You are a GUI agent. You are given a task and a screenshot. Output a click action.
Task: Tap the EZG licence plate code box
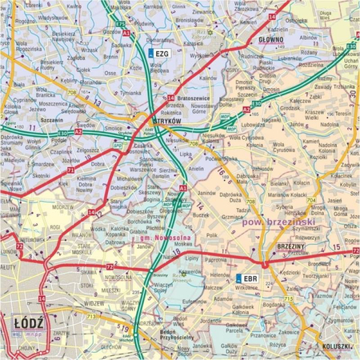(158, 53)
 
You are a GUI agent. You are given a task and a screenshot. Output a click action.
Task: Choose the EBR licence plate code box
(247, 278)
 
